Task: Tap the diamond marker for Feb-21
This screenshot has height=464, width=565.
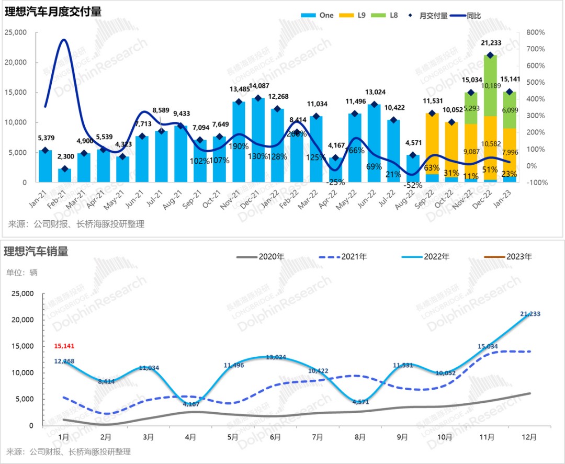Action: (x=65, y=169)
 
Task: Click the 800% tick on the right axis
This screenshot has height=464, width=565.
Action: (x=536, y=32)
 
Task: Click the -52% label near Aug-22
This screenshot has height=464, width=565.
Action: (x=413, y=185)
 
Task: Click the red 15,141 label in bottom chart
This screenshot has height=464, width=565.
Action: (x=66, y=346)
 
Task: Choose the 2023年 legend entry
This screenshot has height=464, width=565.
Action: (x=518, y=256)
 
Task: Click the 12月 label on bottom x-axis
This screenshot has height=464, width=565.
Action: (x=528, y=436)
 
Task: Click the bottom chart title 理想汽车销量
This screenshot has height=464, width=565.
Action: (x=36, y=252)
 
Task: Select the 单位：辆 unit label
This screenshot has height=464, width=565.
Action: (x=22, y=272)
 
